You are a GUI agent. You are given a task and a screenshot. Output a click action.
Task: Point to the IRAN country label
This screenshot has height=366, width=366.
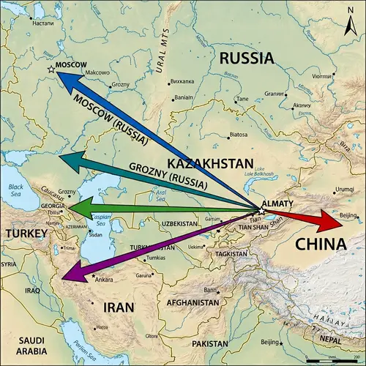[119, 307]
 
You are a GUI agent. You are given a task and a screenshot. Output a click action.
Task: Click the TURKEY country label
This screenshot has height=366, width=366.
[26, 234]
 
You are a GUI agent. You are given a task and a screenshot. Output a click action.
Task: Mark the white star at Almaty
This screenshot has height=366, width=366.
[261, 211]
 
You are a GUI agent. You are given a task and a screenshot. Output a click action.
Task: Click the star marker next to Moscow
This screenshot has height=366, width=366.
[51, 70]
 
